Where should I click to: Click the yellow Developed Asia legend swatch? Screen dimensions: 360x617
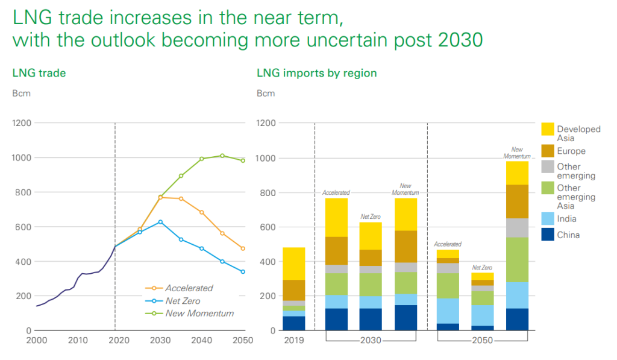pos(547,129)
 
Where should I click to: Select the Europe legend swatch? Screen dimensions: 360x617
pos(547,151)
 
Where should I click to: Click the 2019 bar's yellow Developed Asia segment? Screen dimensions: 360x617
pos(294,264)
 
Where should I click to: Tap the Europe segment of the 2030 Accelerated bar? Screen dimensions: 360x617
pos(336,251)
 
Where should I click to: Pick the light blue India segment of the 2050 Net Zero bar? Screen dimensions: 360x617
pos(482,315)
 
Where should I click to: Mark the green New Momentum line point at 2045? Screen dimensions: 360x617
pos(222,156)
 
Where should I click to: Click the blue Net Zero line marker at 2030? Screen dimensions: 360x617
pos(160,222)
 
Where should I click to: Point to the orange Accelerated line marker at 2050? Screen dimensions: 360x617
pos(243,248)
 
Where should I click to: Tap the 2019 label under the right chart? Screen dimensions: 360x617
pos(294,340)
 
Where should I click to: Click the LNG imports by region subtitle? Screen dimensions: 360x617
pos(316,73)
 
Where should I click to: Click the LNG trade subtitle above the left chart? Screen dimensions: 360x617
pos(39,73)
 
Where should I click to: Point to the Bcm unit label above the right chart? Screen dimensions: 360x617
pos(266,93)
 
